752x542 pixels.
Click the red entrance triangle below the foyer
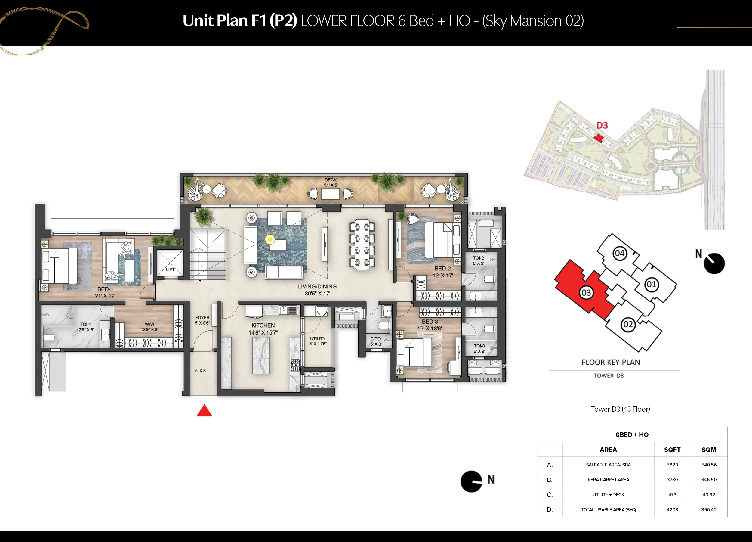point(204,411)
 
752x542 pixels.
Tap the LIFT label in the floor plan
point(170,269)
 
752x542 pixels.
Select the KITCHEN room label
point(263,326)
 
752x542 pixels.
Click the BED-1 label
point(105,289)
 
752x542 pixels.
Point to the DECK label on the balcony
point(331,179)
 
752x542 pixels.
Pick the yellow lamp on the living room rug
point(270,239)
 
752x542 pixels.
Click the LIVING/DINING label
point(317,286)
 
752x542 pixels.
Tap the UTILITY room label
point(318,338)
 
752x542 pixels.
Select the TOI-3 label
point(479,346)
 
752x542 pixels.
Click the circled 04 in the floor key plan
point(619,253)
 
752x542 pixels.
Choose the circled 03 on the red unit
point(586,293)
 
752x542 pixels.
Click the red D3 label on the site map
point(602,126)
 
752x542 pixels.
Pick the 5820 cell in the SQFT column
point(672,465)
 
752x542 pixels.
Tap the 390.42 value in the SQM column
point(709,509)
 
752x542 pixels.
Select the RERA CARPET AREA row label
point(608,480)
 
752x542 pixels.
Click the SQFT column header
point(672,450)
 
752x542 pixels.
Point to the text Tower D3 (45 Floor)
point(620,409)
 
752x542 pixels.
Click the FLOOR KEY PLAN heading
point(611,362)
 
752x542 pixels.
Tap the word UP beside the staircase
point(198,282)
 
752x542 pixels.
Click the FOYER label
point(202,318)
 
